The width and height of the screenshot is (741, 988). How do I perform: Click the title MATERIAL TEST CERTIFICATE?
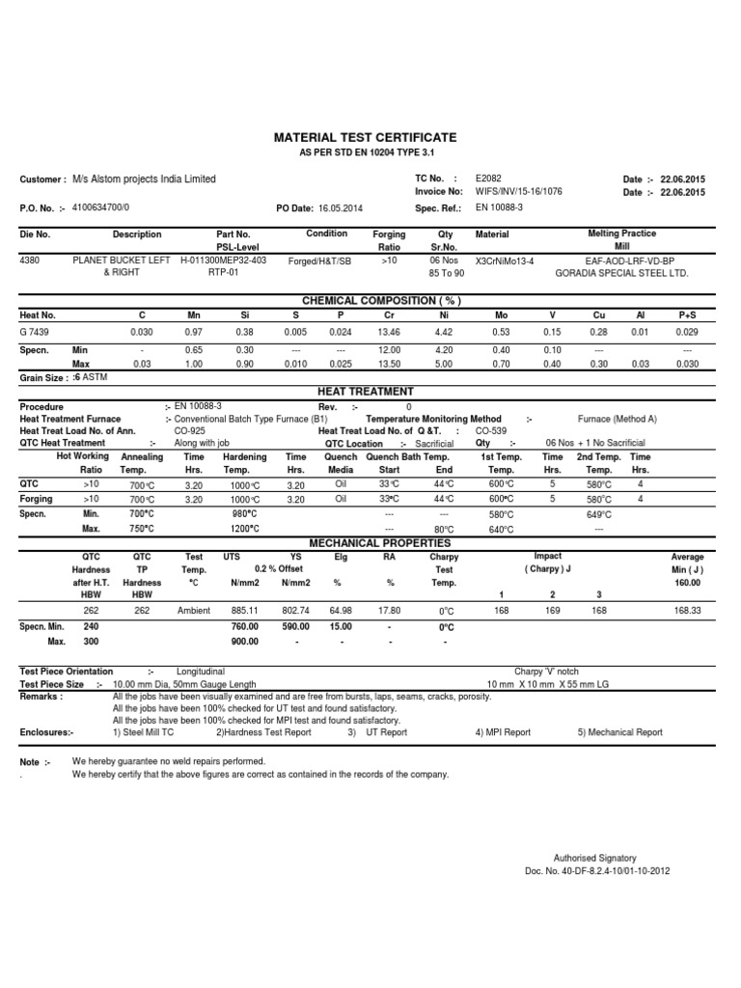click(x=367, y=139)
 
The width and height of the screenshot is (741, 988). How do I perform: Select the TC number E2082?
click(x=489, y=178)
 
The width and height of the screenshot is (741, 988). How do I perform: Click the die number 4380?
click(x=31, y=260)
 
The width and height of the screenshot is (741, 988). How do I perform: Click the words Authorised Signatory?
click(x=594, y=858)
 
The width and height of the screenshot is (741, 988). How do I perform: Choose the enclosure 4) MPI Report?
click(x=503, y=732)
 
